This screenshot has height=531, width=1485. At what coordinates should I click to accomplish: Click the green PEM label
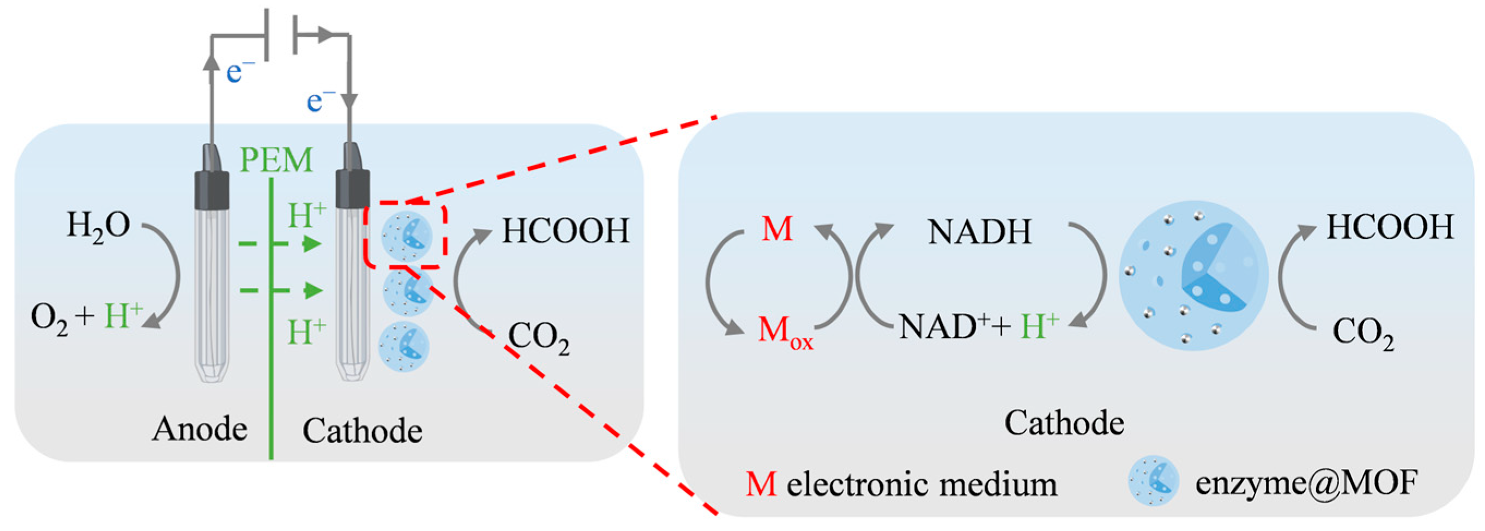(x=276, y=160)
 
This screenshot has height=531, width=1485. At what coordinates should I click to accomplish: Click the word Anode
(x=199, y=429)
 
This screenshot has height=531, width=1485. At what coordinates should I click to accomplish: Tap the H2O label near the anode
(x=98, y=226)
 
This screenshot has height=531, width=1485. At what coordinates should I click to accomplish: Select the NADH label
(x=979, y=232)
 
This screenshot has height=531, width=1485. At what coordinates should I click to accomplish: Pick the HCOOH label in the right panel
(x=1389, y=227)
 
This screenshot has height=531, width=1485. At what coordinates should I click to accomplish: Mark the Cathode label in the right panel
(x=1064, y=423)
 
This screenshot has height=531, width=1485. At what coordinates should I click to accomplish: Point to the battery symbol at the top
(x=281, y=34)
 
